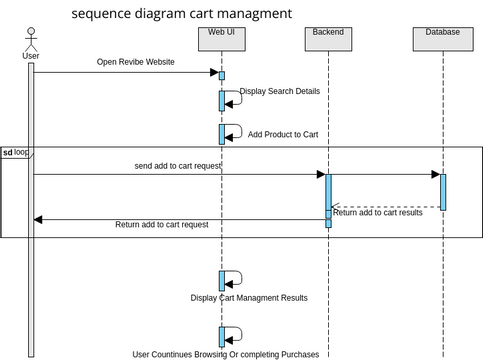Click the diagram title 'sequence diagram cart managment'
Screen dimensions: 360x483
click(182, 14)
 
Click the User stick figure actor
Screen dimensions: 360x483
click(31, 40)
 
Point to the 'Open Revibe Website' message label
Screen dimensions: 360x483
click(135, 62)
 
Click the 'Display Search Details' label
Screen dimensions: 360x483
click(280, 91)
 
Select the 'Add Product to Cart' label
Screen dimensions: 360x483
click(283, 134)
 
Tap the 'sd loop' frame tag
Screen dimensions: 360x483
click(16, 152)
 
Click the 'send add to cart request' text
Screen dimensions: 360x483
click(177, 165)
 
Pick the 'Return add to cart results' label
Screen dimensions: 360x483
click(377, 212)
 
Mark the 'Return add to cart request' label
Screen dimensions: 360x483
click(162, 225)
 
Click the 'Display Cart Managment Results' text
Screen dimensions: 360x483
click(249, 298)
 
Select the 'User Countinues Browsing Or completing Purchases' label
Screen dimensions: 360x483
click(226, 354)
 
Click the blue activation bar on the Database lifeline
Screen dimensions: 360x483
click(442, 192)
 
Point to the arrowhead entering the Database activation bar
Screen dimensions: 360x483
click(435, 175)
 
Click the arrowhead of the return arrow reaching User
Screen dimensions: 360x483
click(38, 219)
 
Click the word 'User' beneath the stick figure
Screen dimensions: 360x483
click(31, 56)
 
